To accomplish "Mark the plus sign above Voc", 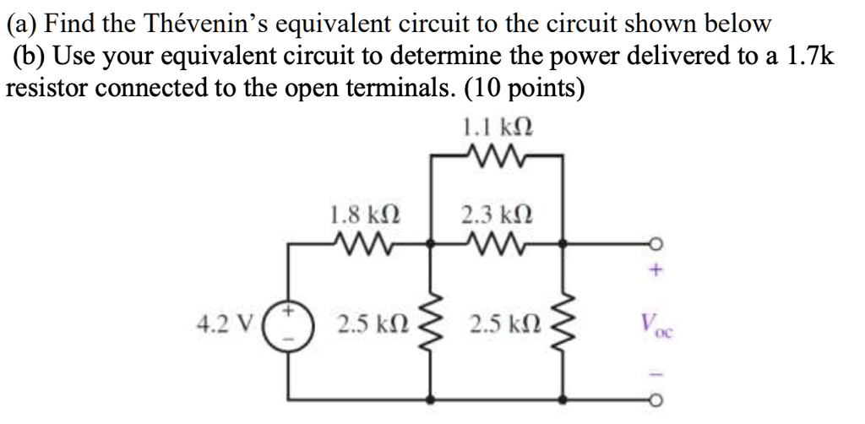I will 656,273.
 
